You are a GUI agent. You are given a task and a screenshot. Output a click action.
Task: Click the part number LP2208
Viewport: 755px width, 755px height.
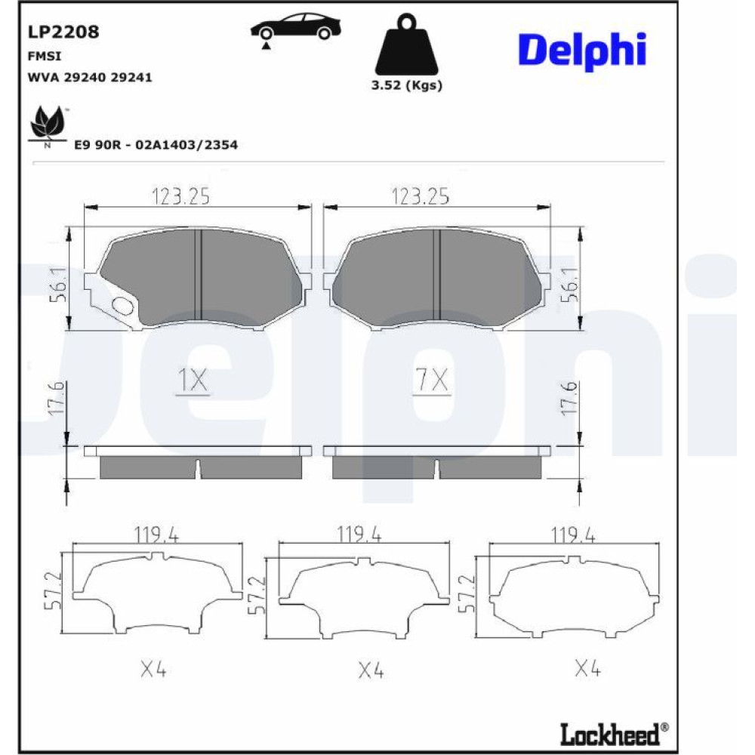click(63, 32)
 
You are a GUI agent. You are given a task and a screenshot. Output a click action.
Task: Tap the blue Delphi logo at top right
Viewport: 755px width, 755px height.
click(581, 51)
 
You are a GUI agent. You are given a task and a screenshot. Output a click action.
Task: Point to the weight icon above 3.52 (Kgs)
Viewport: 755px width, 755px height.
click(406, 45)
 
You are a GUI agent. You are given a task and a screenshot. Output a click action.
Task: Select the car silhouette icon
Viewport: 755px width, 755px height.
click(295, 29)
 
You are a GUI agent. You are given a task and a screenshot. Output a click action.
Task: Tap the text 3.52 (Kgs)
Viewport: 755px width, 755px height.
click(406, 85)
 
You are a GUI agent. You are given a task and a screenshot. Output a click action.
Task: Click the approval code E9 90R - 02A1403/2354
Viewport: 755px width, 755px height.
click(156, 144)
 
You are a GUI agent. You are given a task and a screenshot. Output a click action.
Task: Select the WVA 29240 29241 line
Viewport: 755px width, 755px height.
click(90, 77)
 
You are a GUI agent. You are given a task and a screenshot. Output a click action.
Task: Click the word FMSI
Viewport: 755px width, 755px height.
click(45, 57)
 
